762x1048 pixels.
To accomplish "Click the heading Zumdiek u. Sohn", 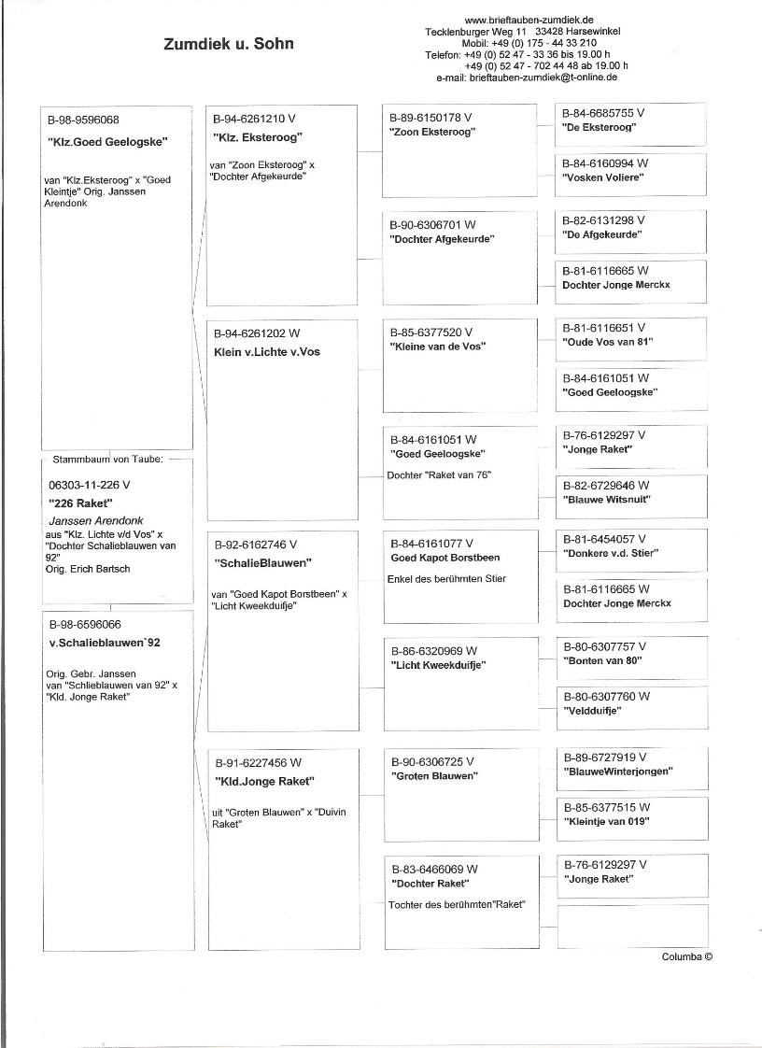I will [228, 44].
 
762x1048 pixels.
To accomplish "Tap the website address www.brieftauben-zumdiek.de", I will [529, 20].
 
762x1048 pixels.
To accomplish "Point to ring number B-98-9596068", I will [83, 120].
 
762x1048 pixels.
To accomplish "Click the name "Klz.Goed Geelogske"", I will [106, 142].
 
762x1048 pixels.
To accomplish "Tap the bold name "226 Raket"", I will [80, 503].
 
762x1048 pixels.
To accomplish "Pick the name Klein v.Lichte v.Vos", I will [266, 352].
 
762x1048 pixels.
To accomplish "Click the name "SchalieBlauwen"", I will [262, 563].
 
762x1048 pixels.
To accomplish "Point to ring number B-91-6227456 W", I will [258, 763].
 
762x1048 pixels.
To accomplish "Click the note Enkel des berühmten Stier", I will [446, 579].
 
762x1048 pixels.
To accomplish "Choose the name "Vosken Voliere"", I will [603, 177].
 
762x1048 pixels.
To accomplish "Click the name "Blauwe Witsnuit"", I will [607, 500].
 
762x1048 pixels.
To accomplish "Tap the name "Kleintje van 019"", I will [608, 822].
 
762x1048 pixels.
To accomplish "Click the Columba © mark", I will [687, 956].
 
